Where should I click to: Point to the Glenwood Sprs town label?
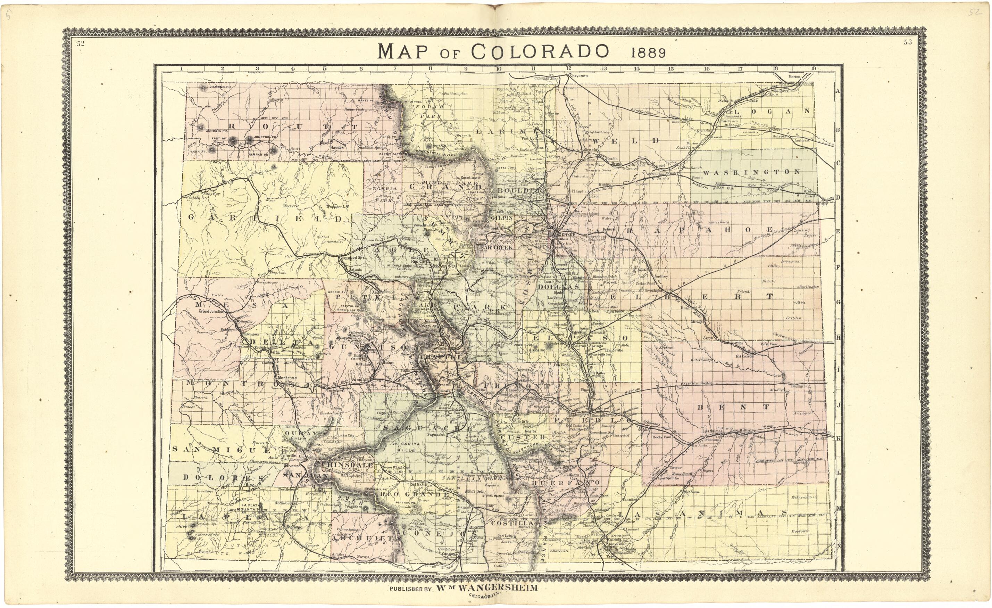pyautogui.click(x=353, y=257)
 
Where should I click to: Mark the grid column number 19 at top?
pyautogui.click(x=813, y=68)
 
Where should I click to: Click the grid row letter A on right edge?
pyautogui.click(x=839, y=91)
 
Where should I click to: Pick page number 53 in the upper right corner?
pyautogui.click(x=908, y=42)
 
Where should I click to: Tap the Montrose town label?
pyautogui.click(x=287, y=378)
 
